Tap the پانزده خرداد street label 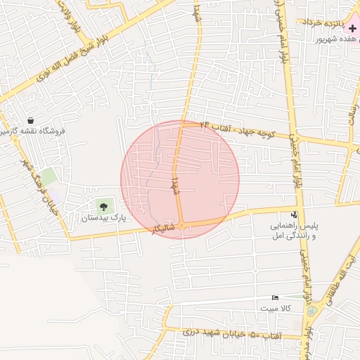(326, 22)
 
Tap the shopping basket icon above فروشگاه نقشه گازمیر (30, 120)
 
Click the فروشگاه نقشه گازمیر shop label (32, 131)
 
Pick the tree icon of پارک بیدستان (104, 207)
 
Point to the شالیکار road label (162, 229)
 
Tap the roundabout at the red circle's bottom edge (181, 226)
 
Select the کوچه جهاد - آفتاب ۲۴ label (236, 128)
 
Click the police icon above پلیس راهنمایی (294, 214)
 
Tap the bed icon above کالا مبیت (275, 298)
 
